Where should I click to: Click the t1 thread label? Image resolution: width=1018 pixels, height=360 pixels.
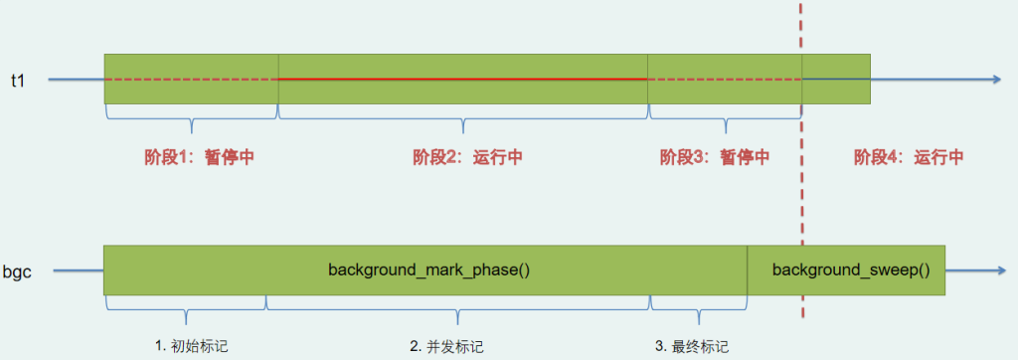pos(18,80)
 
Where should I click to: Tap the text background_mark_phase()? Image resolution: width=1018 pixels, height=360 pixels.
pos(426,270)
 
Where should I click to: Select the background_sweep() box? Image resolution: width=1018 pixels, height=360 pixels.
pos(846,270)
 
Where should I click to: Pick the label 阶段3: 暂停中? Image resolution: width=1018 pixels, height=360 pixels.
pos(715,157)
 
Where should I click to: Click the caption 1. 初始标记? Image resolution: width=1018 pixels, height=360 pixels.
pos(199,346)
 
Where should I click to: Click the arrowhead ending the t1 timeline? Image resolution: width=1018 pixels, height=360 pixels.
pos(996,79)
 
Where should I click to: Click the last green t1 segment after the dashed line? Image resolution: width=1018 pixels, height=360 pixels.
pos(836,79)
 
